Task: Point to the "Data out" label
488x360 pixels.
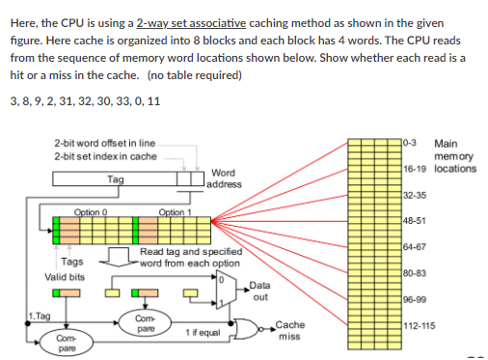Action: (x=259, y=291)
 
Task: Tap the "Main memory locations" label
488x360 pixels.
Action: (x=455, y=156)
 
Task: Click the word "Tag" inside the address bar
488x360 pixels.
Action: (x=115, y=178)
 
